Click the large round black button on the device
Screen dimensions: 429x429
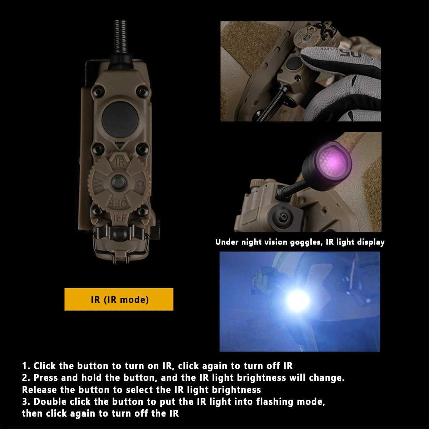pyautogui.click(x=120, y=119)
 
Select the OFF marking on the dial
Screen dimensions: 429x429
pyautogui.click(x=119, y=203)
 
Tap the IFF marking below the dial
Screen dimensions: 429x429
pyautogui.click(x=120, y=217)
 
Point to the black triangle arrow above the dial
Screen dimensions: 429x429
pyautogui.click(x=119, y=146)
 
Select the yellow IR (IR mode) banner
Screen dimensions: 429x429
pyautogui.click(x=119, y=299)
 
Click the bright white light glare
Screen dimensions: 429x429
pyautogui.click(x=298, y=300)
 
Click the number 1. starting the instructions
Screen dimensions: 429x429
pyautogui.click(x=26, y=366)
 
